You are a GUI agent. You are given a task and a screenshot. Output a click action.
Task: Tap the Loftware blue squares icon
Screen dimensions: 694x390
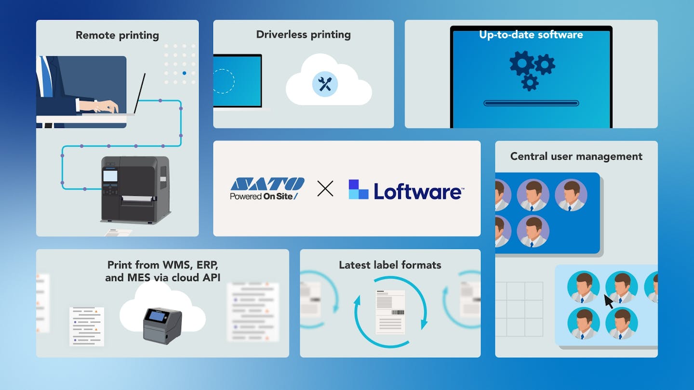[359, 189]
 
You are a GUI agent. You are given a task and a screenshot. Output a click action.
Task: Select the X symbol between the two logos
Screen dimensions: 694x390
[325, 189]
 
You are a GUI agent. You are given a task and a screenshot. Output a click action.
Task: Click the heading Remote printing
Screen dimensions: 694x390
[118, 36]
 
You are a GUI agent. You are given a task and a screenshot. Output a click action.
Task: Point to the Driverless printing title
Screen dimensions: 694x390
[303, 35]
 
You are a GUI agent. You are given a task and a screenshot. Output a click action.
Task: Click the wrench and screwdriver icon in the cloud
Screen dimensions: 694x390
[325, 84]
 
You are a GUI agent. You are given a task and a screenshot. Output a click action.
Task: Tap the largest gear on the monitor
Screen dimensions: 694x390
[522, 63]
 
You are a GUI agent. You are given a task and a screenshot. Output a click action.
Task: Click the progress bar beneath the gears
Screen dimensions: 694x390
[531, 103]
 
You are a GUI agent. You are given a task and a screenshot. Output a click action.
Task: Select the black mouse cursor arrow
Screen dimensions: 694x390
[609, 301]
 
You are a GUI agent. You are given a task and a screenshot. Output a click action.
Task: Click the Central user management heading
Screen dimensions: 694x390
[576, 156]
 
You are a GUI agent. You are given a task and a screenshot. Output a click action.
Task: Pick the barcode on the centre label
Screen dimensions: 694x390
[398, 312]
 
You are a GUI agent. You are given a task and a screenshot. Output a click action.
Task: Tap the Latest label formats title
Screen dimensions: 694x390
[390, 265]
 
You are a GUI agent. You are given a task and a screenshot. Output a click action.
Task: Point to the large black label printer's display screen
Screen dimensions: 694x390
[110, 175]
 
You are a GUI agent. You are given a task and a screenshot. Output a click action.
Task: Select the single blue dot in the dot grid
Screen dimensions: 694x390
[184, 73]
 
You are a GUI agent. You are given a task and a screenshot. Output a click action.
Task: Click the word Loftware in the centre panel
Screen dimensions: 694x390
[418, 191]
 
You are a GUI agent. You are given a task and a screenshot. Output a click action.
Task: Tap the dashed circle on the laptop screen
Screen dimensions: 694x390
[223, 81]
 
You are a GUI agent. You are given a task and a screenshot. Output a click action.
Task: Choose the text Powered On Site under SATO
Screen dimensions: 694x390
[264, 196]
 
